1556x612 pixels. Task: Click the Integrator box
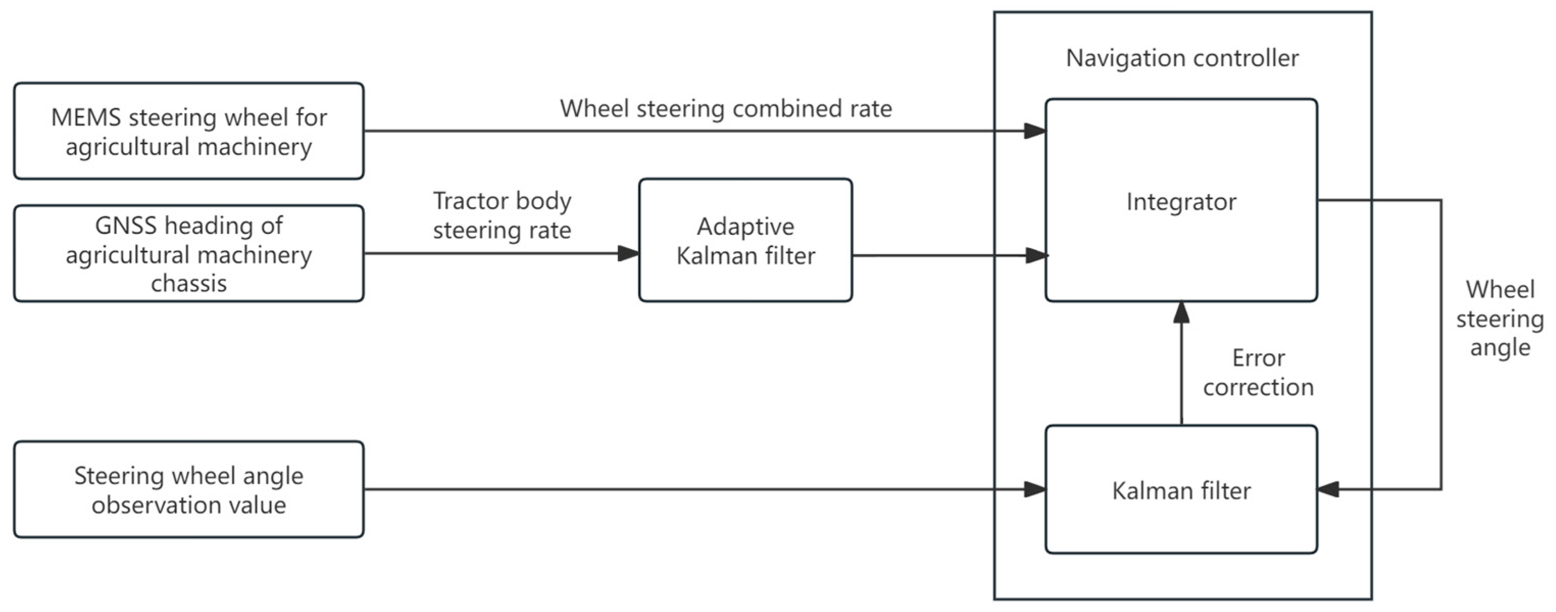point(1181,201)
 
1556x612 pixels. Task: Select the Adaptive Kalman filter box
point(745,240)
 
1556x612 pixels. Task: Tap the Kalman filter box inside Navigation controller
point(1181,490)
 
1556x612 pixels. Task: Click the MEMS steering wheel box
point(188,131)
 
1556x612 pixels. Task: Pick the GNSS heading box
point(188,254)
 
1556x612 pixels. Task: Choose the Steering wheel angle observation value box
point(188,489)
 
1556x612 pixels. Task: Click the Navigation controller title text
point(1182,59)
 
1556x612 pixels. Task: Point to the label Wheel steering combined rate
point(725,109)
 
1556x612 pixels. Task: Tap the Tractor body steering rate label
point(501,215)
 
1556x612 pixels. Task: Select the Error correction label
point(1258,372)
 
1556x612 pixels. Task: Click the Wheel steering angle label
point(1500,319)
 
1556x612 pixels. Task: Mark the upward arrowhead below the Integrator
point(1181,312)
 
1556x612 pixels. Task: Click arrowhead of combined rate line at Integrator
point(1035,131)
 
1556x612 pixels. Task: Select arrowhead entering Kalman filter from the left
point(1035,489)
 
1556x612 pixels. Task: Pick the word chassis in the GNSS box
point(188,283)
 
